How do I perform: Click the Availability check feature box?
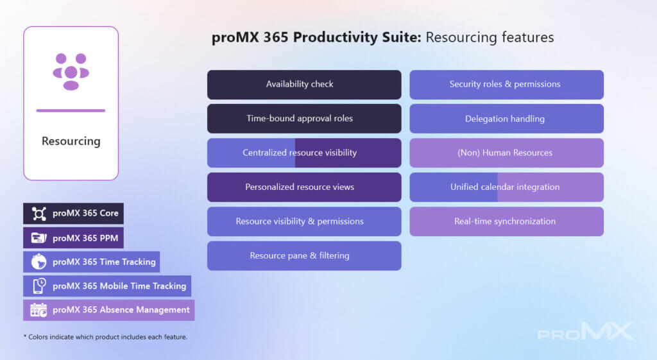304,85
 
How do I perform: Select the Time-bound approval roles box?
304,119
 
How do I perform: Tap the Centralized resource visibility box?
304,153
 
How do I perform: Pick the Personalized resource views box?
304,187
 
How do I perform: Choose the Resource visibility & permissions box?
304,221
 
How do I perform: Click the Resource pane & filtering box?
304,255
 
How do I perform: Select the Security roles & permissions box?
507,85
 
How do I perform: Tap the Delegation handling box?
507,119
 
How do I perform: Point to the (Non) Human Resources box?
507,153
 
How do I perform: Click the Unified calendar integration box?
507,187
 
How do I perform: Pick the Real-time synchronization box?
507,221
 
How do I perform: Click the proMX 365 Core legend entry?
73,214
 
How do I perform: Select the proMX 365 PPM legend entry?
73,238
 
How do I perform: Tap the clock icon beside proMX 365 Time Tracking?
38,262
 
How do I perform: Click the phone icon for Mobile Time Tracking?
39,286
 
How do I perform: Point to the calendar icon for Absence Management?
38,310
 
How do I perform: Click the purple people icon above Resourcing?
71,72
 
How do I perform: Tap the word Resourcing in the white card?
71,141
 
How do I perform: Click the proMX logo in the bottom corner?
585,332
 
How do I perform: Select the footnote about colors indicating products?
106,337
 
